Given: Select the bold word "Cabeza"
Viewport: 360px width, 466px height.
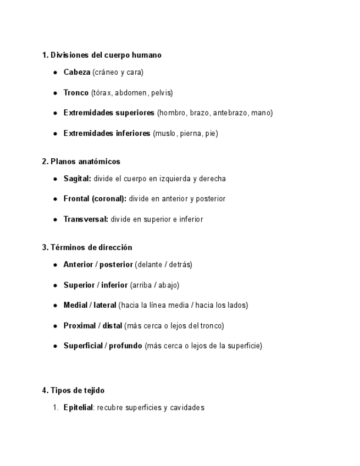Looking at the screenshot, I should click(77, 72).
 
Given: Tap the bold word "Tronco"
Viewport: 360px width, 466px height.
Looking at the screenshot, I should click(76, 92).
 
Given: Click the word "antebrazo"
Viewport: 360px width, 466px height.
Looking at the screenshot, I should click(230, 113).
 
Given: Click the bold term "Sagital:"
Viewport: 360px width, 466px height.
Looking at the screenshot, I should click(77, 179).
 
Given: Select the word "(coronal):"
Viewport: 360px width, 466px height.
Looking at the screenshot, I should click(109, 198).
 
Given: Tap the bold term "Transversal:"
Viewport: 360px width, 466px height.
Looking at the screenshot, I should click(86, 219).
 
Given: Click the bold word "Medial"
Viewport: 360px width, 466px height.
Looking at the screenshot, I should click(75, 305).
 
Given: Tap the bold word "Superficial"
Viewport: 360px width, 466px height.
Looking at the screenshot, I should click(82, 346).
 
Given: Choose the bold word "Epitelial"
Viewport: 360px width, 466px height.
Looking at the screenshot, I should click(78, 407).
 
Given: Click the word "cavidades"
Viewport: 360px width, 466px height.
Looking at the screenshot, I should click(187, 407).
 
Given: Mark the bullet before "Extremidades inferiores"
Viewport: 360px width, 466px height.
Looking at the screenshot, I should click(56, 134).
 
